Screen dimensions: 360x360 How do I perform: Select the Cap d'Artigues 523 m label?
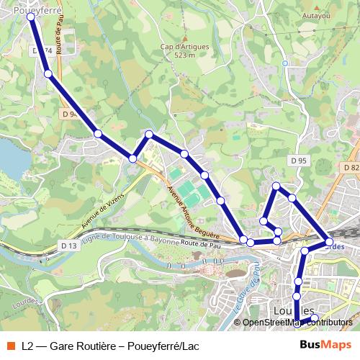[x=184, y=51]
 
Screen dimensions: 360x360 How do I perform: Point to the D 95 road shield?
[x=299, y=160]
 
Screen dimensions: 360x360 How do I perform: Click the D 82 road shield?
[x=351, y=167]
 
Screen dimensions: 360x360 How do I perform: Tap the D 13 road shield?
[x=69, y=246]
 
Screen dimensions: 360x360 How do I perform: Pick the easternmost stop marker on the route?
[x=329, y=242]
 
